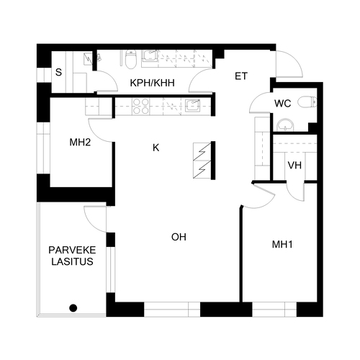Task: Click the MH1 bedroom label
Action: coord(282,244)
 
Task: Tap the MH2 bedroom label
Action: coord(80,143)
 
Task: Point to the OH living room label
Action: coord(179,237)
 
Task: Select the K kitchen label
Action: coord(156,148)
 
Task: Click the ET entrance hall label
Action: coord(241,76)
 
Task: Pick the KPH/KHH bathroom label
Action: coord(152,83)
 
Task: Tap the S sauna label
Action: coord(58,72)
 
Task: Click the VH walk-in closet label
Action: coord(294,165)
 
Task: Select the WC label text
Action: coord(283,104)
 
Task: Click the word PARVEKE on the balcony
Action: coord(72,250)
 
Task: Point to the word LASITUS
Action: coord(72,261)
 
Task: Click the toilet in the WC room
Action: coord(307,102)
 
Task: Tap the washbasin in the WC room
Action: coord(285,125)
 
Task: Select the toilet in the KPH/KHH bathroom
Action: coord(130,59)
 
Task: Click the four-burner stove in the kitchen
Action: coord(140,106)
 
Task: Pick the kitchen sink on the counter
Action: coord(192,106)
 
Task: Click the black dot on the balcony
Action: coord(73,308)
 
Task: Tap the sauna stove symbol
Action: coord(88,59)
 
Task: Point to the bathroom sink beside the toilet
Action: coord(150,56)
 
